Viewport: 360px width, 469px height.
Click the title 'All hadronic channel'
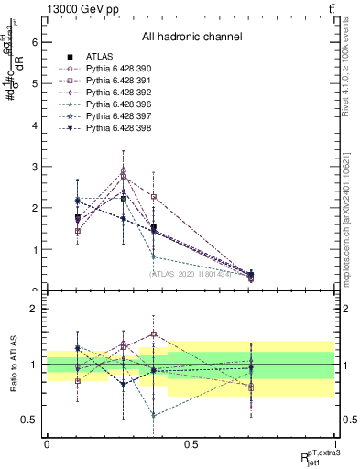coord(191,38)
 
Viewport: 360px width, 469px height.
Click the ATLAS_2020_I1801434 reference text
coord(191,273)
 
